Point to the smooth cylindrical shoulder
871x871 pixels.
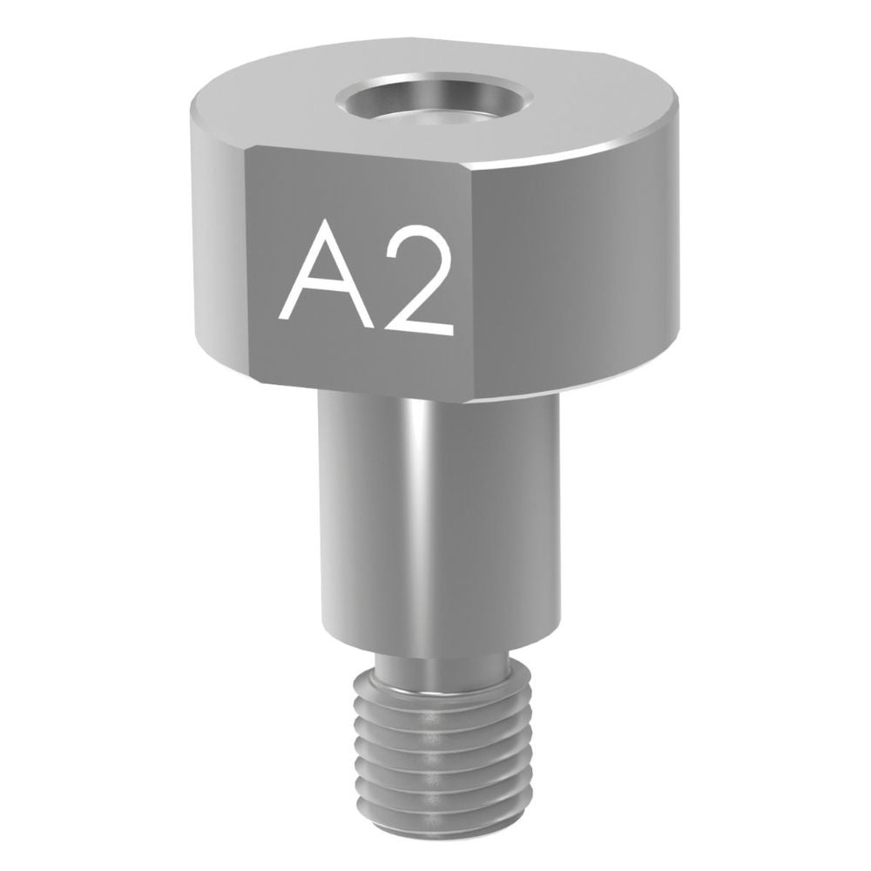point(438,517)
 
